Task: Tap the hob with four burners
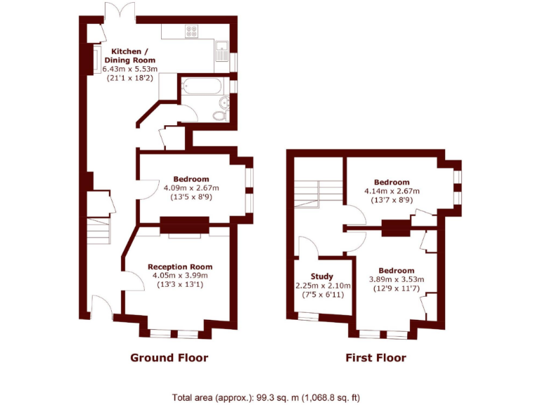[x=191, y=32]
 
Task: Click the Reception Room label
[x=179, y=266]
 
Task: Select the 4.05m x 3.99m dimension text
[x=179, y=276]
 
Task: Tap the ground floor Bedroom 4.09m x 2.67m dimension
[x=191, y=188]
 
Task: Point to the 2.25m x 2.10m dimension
[x=322, y=285]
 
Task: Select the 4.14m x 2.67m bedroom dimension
[x=392, y=191]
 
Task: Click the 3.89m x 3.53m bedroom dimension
[x=397, y=280]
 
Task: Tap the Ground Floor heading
[x=169, y=358]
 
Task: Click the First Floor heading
[x=375, y=358]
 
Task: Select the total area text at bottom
[x=266, y=397]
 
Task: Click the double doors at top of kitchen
[x=118, y=13]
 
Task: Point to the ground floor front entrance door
[x=101, y=308]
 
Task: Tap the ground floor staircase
[x=98, y=230]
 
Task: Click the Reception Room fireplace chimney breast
[x=184, y=225]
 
